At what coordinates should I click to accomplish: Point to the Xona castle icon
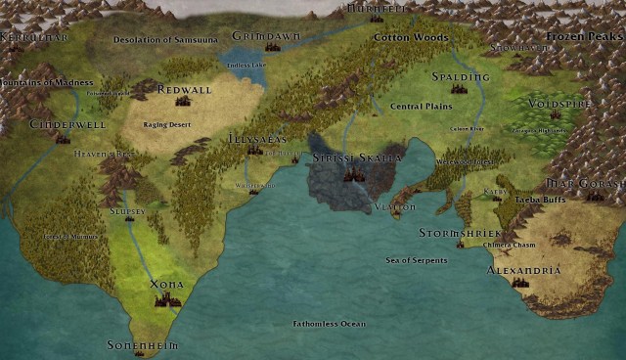167,298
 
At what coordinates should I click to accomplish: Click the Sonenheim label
138,345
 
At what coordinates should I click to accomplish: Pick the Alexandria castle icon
520,283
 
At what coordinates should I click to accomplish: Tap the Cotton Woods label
410,37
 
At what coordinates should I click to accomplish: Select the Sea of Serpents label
416,260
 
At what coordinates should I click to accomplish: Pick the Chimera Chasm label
509,245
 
